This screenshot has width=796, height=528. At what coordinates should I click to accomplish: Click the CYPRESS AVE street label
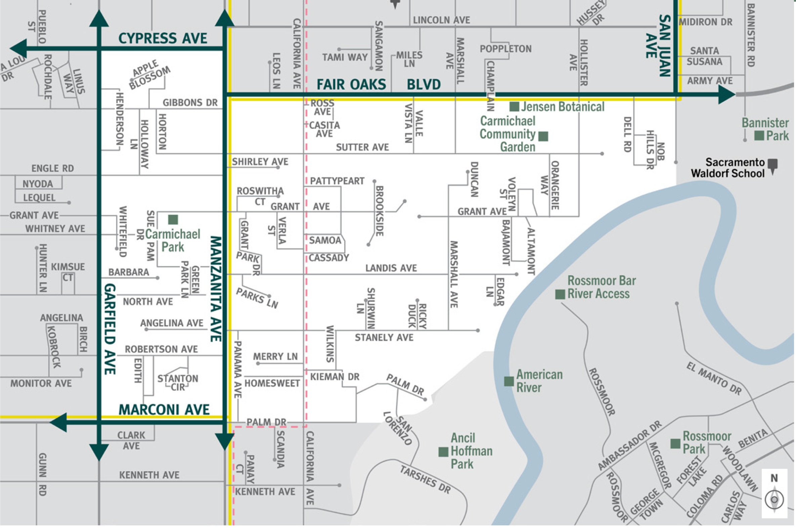click(x=163, y=38)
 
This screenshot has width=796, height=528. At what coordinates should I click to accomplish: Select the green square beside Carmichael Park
click(x=173, y=220)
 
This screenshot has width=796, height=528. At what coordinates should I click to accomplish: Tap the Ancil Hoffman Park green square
click(x=443, y=452)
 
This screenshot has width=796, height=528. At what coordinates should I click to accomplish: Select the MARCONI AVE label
click(x=164, y=410)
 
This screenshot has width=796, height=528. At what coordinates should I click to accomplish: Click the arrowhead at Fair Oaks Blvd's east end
click(x=726, y=95)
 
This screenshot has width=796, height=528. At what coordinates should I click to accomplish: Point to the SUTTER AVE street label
click(x=362, y=147)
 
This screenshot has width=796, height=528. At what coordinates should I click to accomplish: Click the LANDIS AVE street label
click(x=391, y=268)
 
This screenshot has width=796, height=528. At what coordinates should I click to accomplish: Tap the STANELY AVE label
click(x=384, y=337)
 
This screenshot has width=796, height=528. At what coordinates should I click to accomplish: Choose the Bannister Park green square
click(x=759, y=136)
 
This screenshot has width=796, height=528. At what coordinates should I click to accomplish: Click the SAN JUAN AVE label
click(x=659, y=45)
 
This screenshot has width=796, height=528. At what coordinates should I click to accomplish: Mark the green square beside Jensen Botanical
click(x=514, y=107)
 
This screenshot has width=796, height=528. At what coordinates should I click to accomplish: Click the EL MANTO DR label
click(x=714, y=378)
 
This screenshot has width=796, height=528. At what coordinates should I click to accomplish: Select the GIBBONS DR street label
click(x=190, y=102)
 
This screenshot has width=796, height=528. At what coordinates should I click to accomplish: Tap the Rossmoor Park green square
click(x=675, y=444)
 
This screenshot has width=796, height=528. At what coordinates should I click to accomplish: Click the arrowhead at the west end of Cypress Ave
click(x=18, y=48)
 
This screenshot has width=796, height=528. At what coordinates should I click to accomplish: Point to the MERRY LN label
click(x=275, y=356)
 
